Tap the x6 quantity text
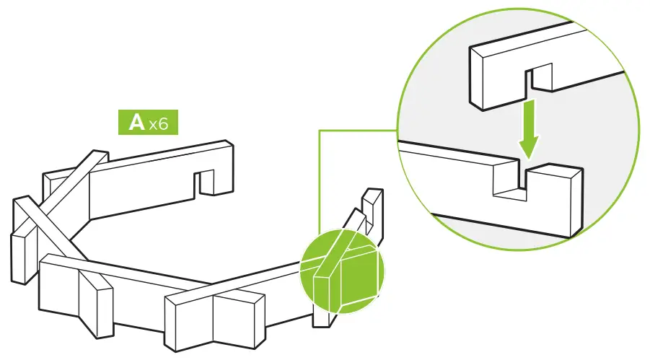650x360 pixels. [159, 124]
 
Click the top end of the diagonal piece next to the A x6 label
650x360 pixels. [99, 157]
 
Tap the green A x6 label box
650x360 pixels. [148, 123]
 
